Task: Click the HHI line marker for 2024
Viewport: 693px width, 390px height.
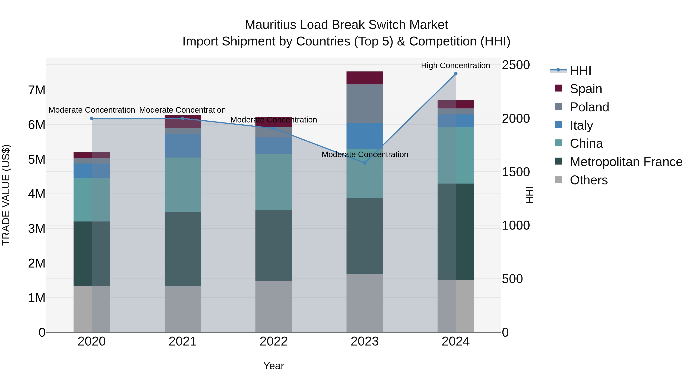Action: click(x=455, y=74)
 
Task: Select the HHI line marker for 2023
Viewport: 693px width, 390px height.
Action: click(x=365, y=163)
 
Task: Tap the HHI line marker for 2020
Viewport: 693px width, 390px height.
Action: click(x=92, y=118)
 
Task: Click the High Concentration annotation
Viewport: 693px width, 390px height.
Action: click(x=455, y=65)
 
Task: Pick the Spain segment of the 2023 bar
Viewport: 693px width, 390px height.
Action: click(x=365, y=78)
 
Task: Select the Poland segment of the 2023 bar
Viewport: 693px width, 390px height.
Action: click(x=365, y=104)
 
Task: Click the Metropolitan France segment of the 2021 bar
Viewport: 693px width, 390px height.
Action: click(x=183, y=249)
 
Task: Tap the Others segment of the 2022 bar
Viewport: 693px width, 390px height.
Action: click(x=274, y=306)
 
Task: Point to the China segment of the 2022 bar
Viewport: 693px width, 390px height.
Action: click(x=274, y=182)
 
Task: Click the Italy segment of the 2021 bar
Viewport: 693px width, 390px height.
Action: click(x=183, y=146)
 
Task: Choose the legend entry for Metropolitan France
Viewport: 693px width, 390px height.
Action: click(x=626, y=162)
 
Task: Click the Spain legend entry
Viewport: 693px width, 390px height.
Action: click(x=585, y=89)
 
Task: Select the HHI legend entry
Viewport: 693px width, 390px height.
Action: click(x=580, y=70)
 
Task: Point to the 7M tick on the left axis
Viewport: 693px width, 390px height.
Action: click(x=37, y=90)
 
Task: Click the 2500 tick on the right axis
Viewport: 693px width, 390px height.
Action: click(x=516, y=65)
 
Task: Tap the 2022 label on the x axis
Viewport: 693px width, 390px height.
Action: click(x=274, y=341)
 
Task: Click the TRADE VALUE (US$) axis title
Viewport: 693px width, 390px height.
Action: click(x=6, y=195)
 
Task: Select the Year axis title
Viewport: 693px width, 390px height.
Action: click(x=274, y=366)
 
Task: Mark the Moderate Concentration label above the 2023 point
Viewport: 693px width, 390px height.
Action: click(x=365, y=154)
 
